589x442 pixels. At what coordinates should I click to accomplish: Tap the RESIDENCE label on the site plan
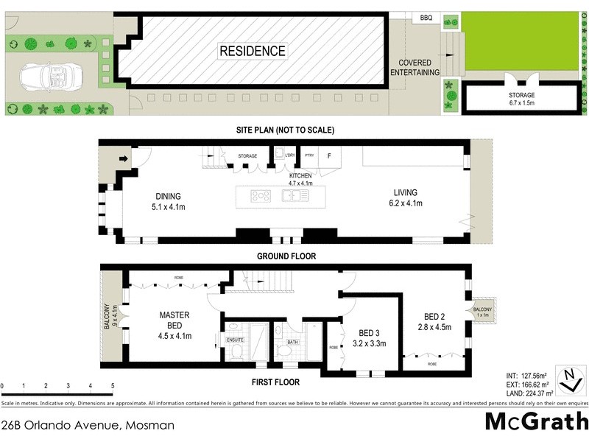[x=252, y=52]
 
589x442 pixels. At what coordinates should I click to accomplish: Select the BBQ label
[x=426, y=18]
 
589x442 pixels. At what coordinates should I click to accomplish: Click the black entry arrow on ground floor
[x=123, y=157]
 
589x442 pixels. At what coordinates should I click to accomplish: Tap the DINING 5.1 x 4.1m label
[x=168, y=201]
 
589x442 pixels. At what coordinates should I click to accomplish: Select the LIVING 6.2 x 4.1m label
[x=406, y=199]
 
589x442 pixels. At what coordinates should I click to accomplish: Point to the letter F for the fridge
[x=329, y=156]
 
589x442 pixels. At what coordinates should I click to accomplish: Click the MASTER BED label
[x=175, y=325]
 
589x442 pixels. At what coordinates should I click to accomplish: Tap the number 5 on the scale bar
[x=113, y=386]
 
